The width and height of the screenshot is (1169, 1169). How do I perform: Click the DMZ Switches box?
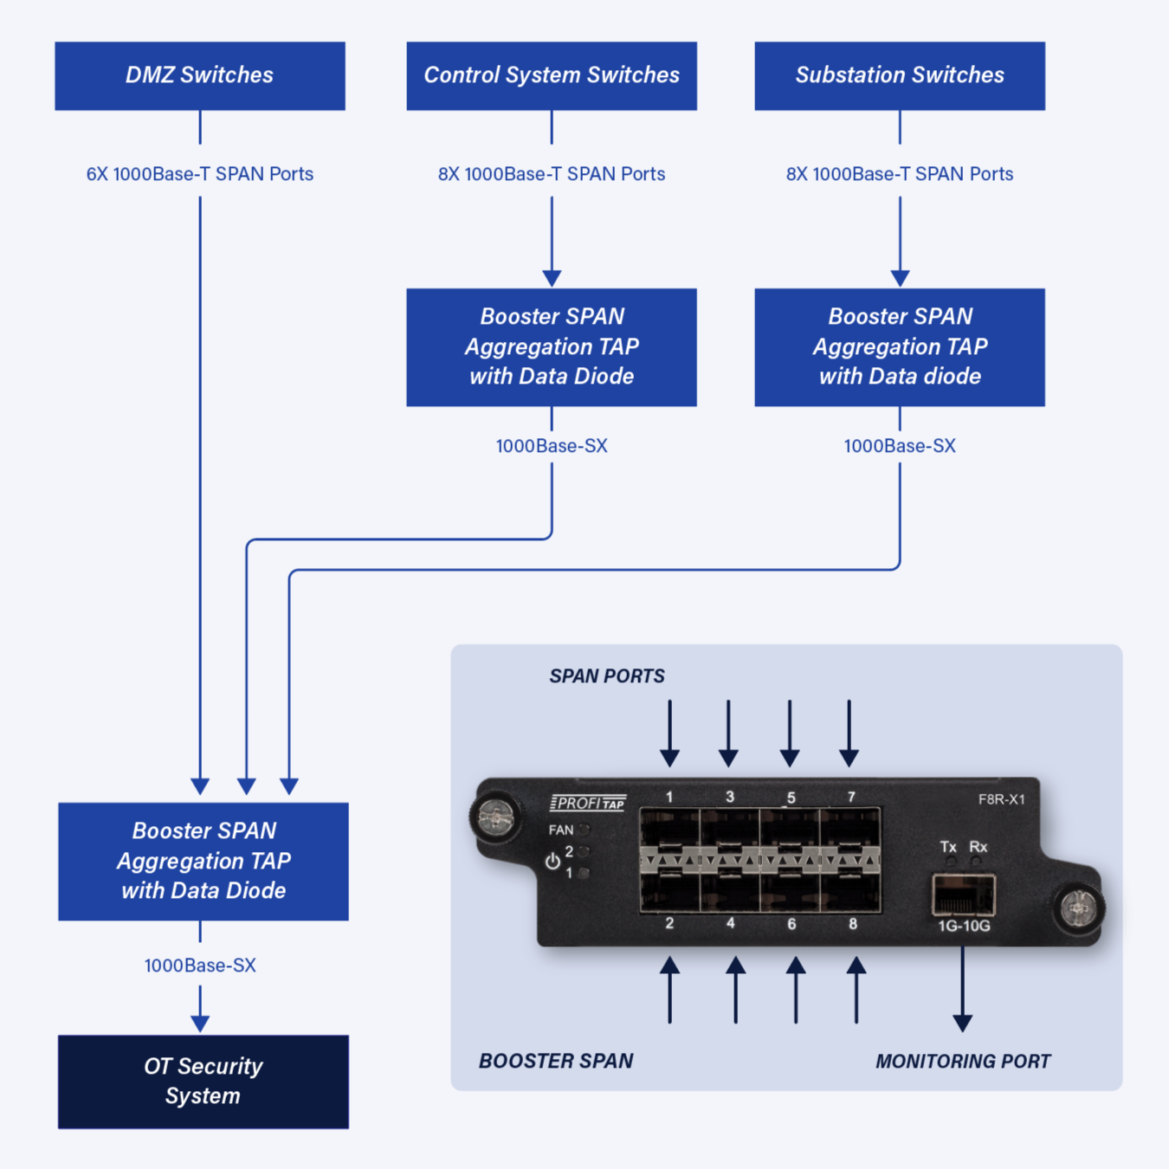coord(200,75)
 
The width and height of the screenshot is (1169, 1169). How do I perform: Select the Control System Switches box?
coord(552,75)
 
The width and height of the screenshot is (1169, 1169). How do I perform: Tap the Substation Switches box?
coord(900,75)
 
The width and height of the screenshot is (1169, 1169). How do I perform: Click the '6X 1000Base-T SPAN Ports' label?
coord(200,174)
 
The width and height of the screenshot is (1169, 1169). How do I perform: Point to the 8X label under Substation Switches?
coord(900,174)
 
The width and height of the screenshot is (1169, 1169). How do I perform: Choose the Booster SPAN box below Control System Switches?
coord(552,346)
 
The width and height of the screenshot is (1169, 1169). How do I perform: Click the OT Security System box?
coord(203,1081)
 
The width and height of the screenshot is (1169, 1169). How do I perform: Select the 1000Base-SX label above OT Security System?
coord(200,966)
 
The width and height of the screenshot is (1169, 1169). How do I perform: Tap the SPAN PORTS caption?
coord(607,676)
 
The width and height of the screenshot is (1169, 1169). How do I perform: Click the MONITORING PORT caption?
coord(963,1062)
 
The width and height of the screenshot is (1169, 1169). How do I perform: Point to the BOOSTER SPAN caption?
coord(556,1062)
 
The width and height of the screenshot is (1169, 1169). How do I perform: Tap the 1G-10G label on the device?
coord(964,927)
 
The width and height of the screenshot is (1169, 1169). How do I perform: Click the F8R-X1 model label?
coord(1002,799)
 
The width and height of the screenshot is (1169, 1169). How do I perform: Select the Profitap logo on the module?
coord(588,804)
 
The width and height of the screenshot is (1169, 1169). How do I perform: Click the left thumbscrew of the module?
coord(495,817)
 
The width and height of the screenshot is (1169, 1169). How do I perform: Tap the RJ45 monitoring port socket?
coord(963,895)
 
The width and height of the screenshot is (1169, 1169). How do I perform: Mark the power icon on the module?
coord(552,862)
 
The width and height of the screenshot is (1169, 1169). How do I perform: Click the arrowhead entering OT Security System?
coord(200,1024)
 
